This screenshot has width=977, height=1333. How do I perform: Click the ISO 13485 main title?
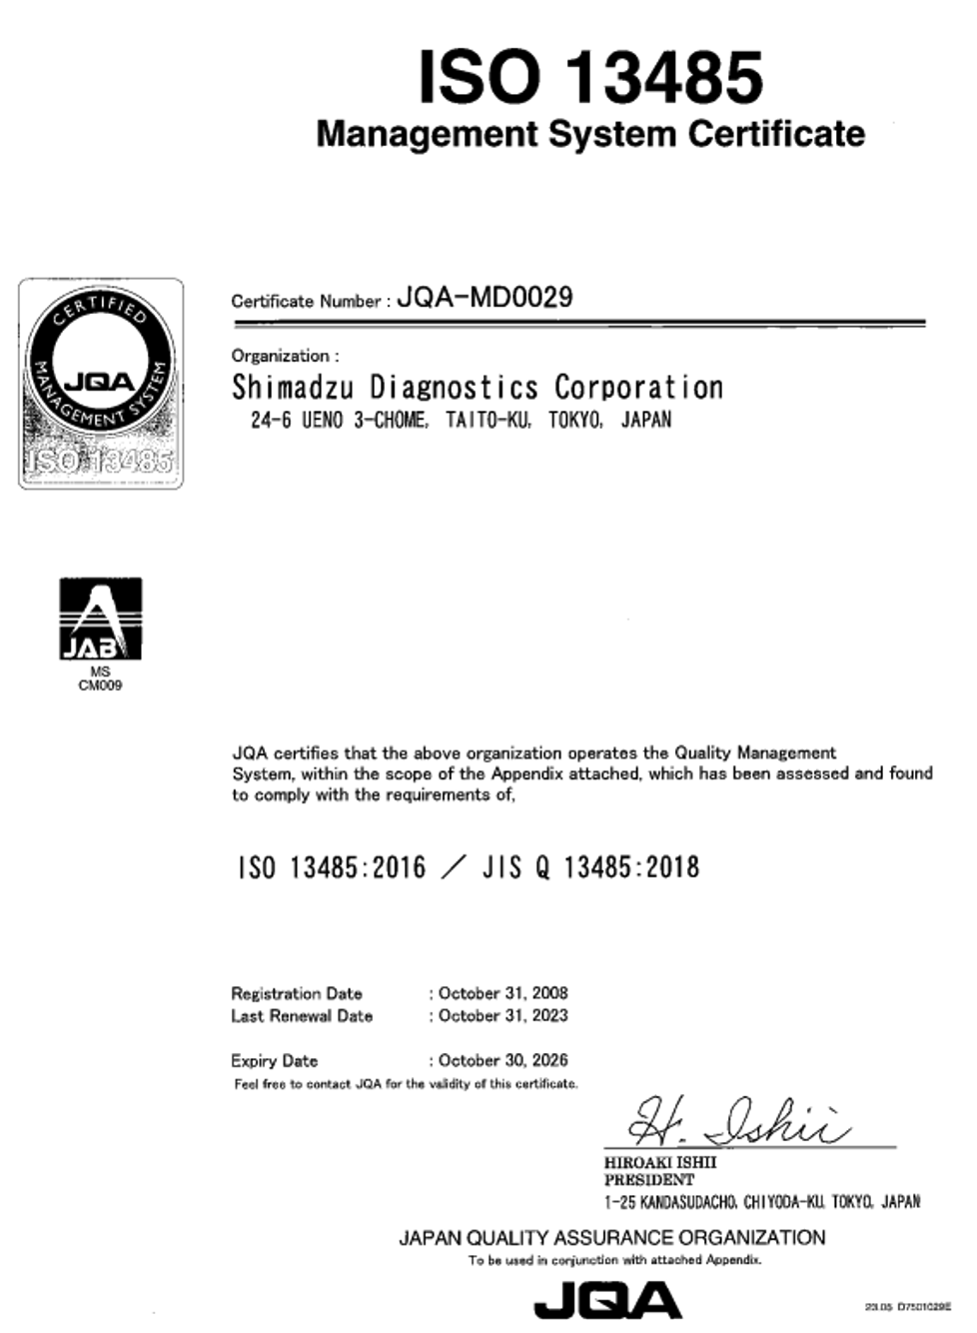coord(590,77)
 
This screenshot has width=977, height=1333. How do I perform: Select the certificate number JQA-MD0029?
coord(485,297)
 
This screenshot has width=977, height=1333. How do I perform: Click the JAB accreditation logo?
coord(100,620)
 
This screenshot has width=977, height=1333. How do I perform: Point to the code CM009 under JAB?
coord(100,685)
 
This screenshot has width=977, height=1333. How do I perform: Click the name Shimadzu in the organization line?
coord(292,387)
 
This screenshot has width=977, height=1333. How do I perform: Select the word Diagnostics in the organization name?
coord(454,387)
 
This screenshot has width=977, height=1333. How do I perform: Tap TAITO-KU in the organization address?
coord(488,420)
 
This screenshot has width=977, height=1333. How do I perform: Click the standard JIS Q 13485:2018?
coord(590,867)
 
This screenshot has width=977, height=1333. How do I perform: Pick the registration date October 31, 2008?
coord(502,993)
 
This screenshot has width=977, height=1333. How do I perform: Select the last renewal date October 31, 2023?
coord(502,1015)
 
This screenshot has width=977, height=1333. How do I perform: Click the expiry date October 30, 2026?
coord(502,1060)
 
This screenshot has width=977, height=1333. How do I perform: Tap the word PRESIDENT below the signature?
coord(648,1180)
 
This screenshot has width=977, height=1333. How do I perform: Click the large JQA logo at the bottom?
coord(607,1302)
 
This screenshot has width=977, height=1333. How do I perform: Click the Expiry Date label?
coord(274,1060)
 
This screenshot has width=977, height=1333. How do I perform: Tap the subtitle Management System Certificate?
coord(590,134)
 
